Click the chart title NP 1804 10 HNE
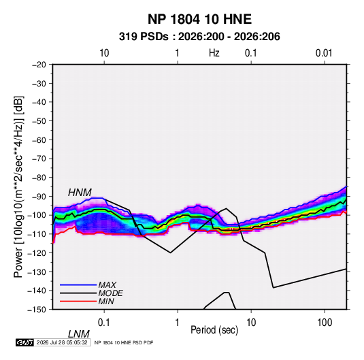(199, 19)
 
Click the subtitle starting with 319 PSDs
(199, 37)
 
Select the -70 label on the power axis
(39, 159)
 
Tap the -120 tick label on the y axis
(37, 253)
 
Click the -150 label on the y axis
(37, 310)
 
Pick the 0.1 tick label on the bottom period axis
(104, 323)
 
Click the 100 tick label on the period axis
(325, 323)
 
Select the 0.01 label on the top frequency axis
(324, 53)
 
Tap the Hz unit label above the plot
(214, 53)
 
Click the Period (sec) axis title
(214, 330)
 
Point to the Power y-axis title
(18, 187)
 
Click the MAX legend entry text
(107, 285)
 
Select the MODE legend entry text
(110, 293)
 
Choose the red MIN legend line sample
(78, 301)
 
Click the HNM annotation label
(80, 193)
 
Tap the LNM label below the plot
(79, 334)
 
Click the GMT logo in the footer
(24, 342)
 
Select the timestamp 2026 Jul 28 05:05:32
(62, 342)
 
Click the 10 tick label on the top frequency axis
(104, 53)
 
